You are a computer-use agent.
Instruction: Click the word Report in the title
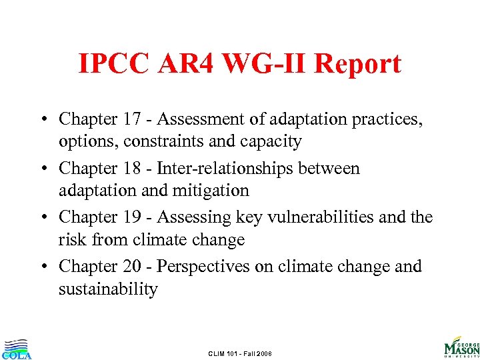coord(358,64)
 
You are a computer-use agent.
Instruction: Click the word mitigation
coord(212,191)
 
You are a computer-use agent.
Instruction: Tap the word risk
coord(71,240)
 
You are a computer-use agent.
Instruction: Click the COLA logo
coord(16,349)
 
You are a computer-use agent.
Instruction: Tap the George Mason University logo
coord(461,346)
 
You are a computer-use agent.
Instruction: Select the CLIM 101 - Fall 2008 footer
coord(240,353)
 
